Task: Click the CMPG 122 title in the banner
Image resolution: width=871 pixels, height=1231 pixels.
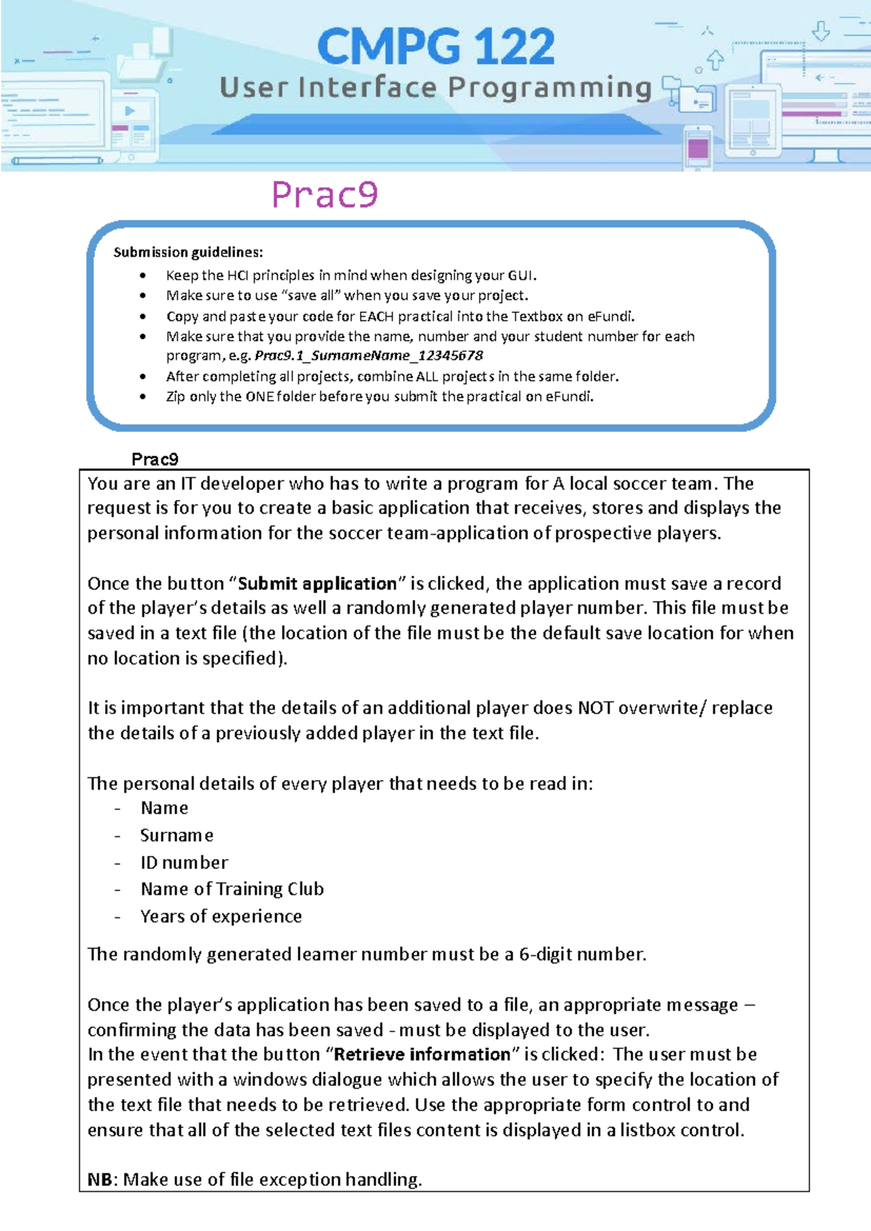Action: tap(435, 46)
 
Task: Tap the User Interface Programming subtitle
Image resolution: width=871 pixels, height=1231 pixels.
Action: tap(435, 88)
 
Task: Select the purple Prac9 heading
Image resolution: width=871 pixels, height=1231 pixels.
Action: tap(324, 195)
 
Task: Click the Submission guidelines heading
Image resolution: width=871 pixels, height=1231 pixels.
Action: tap(188, 253)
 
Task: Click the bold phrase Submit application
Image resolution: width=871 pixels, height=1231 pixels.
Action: tap(318, 584)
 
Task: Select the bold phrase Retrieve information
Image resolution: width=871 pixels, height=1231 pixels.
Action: tap(422, 1055)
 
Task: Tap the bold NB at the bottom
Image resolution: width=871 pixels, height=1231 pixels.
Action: tap(99, 1179)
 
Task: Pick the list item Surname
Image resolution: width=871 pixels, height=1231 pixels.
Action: tap(176, 835)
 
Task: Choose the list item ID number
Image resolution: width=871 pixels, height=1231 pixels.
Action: tap(184, 862)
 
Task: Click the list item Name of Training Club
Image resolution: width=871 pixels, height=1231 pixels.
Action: tap(232, 889)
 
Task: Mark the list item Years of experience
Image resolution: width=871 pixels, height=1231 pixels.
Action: tap(221, 916)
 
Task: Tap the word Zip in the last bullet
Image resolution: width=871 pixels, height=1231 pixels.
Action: tap(176, 396)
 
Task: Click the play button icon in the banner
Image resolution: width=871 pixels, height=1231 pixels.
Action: tap(130, 111)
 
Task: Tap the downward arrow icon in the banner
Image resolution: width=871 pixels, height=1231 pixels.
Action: tap(821, 31)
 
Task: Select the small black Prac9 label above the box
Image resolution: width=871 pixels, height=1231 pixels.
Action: tap(155, 459)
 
